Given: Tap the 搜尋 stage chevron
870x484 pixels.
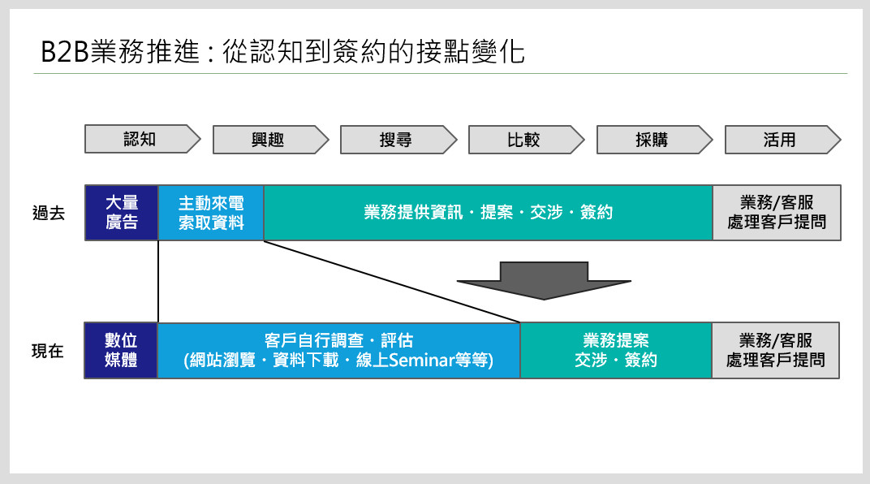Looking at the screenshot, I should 397,140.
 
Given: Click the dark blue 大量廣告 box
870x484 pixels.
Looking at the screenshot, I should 122,213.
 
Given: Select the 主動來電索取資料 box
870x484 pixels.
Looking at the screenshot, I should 211,213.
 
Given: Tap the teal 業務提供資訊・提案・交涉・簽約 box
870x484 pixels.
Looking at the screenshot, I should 488,213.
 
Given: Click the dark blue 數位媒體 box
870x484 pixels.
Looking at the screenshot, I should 121,351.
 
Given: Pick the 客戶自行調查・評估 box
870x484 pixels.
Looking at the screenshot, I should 338,351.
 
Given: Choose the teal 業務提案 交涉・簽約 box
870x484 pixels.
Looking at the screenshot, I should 616,351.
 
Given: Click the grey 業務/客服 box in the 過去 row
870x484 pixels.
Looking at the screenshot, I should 777,213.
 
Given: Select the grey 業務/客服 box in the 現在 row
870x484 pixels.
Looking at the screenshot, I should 776,351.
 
